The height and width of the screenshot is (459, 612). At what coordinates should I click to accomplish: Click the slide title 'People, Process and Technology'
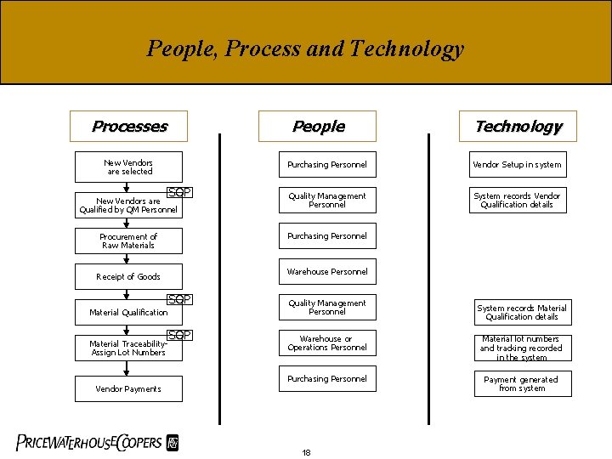pos(305,48)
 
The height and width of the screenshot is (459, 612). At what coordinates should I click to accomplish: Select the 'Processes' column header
pos(129,127)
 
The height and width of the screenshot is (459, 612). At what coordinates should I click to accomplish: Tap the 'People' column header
pos(318,127)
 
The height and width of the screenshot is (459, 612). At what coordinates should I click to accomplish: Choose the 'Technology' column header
pos(518,127)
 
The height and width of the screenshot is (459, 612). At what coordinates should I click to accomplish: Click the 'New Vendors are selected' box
pos(128,167)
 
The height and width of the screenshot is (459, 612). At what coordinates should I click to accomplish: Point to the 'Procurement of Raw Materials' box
pos(128,241)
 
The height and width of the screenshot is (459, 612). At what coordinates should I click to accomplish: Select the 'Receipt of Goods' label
pos(128,276)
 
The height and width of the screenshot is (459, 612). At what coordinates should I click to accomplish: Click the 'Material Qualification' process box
pos(128,312)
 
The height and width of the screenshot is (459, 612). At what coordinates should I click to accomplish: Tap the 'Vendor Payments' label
pos(128,388)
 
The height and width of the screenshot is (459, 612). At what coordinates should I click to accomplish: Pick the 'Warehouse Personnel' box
pos(327,272)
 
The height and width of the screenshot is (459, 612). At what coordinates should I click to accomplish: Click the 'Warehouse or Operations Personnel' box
pos(327,343)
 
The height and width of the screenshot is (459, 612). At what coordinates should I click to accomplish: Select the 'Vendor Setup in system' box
pos(517,165)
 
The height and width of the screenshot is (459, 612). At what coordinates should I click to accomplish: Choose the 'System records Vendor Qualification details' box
pos(517,200)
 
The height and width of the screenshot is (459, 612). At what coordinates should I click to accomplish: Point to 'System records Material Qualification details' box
pos(522,312)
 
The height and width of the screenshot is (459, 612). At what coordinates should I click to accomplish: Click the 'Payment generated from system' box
pos(522,384)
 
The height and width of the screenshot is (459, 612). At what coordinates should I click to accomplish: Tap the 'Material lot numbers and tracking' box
pos(522,348)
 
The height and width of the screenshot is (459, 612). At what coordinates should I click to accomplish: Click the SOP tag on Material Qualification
pos(179,299)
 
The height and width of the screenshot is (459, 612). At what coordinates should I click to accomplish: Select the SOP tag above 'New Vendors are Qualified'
pos(179,192)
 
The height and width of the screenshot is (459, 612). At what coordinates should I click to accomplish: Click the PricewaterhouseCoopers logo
pos(98,442)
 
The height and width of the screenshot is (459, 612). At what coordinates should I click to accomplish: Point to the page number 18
pos(306,452)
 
